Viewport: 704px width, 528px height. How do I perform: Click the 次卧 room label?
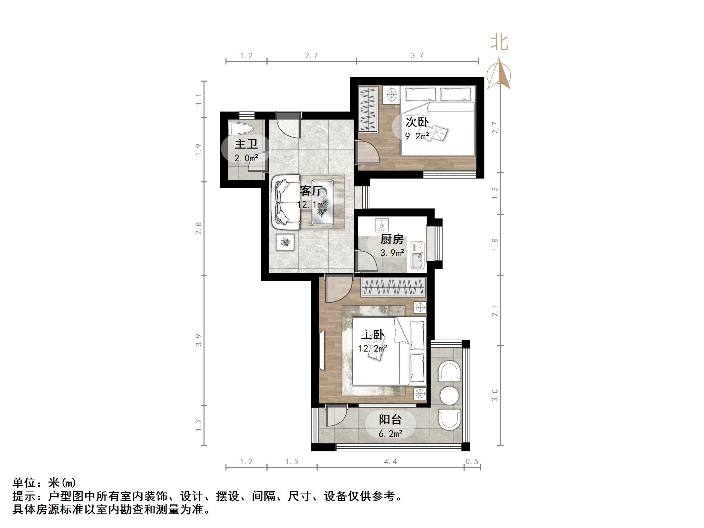point(417,122)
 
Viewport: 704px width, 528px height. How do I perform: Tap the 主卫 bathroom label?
point(246,144)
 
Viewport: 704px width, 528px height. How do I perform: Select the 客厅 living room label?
point(311,191)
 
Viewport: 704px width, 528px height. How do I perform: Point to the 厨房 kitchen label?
point(392,239)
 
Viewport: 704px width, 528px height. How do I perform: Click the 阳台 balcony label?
point(390,420)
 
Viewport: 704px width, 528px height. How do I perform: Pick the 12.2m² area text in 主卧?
point(373,348)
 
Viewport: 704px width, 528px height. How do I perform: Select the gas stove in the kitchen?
point(381,226)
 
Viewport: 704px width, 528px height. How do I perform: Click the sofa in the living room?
point(285,202)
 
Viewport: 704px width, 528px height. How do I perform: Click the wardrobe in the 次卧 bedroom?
point(368,109)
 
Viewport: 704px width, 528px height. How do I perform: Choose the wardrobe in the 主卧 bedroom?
point(393,287)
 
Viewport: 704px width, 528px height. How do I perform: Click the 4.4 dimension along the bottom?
point(390,461)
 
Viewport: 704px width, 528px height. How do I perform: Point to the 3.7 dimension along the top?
point(417,56)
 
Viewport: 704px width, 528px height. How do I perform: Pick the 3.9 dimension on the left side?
point(198,340)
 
